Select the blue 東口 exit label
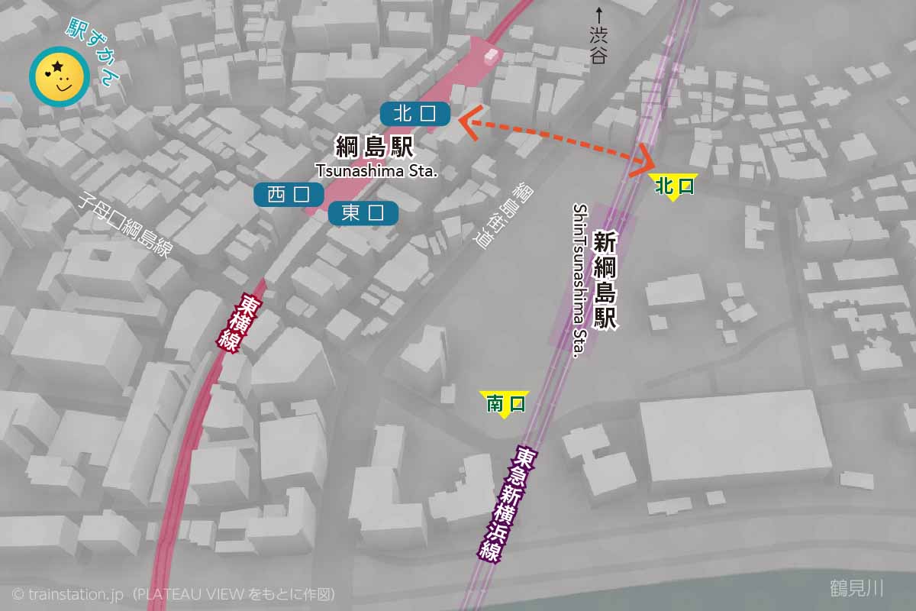pos(363,213)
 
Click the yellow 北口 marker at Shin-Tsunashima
pos(673,186)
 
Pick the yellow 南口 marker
pos(504,403)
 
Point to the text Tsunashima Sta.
pos(377,171)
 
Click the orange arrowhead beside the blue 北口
pos(470,122)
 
